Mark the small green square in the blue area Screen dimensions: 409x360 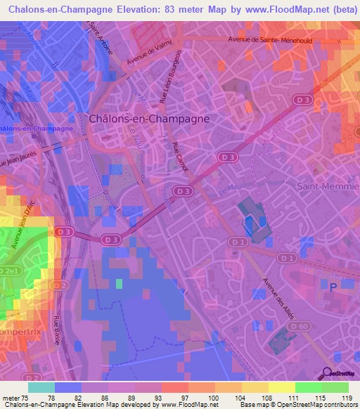(x=119, y=284)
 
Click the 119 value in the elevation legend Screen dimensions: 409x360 (x=345, y=398)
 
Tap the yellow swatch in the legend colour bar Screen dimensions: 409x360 (x=282, y=387)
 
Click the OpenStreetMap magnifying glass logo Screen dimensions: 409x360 (x=326, y=373)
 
